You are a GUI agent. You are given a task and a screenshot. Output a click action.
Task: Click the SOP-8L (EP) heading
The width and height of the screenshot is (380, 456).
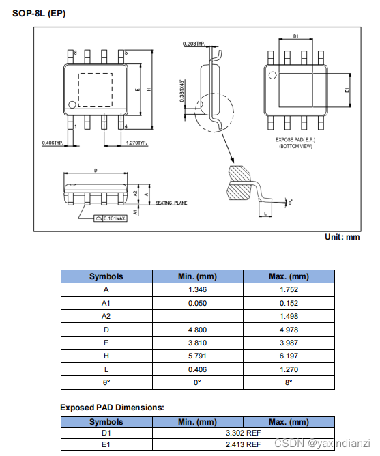40,14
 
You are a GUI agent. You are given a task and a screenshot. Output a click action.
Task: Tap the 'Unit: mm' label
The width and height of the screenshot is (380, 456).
342,237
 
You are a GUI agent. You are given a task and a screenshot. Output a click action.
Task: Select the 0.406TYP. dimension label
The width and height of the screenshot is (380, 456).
52,143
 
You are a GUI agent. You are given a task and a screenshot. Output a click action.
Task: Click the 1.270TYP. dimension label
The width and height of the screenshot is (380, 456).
137,143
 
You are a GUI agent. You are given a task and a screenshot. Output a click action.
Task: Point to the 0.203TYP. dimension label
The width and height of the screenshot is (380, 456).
194,44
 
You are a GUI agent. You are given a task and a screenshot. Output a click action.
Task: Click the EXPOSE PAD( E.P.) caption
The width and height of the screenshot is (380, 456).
295,139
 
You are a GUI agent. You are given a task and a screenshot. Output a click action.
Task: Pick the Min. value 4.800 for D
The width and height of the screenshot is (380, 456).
197,329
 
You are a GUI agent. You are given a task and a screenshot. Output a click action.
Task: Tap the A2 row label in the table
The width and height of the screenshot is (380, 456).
106,316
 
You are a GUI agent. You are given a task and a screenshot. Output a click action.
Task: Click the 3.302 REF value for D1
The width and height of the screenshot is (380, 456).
243,433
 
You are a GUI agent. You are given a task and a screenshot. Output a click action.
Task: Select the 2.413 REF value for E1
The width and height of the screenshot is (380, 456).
243,445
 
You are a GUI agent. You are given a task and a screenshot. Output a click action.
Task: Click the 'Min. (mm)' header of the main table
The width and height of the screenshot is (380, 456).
197,276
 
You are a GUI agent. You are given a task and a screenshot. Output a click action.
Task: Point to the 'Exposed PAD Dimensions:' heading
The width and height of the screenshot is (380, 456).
112,408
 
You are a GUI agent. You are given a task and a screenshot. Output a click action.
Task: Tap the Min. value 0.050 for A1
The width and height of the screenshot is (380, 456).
197,303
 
